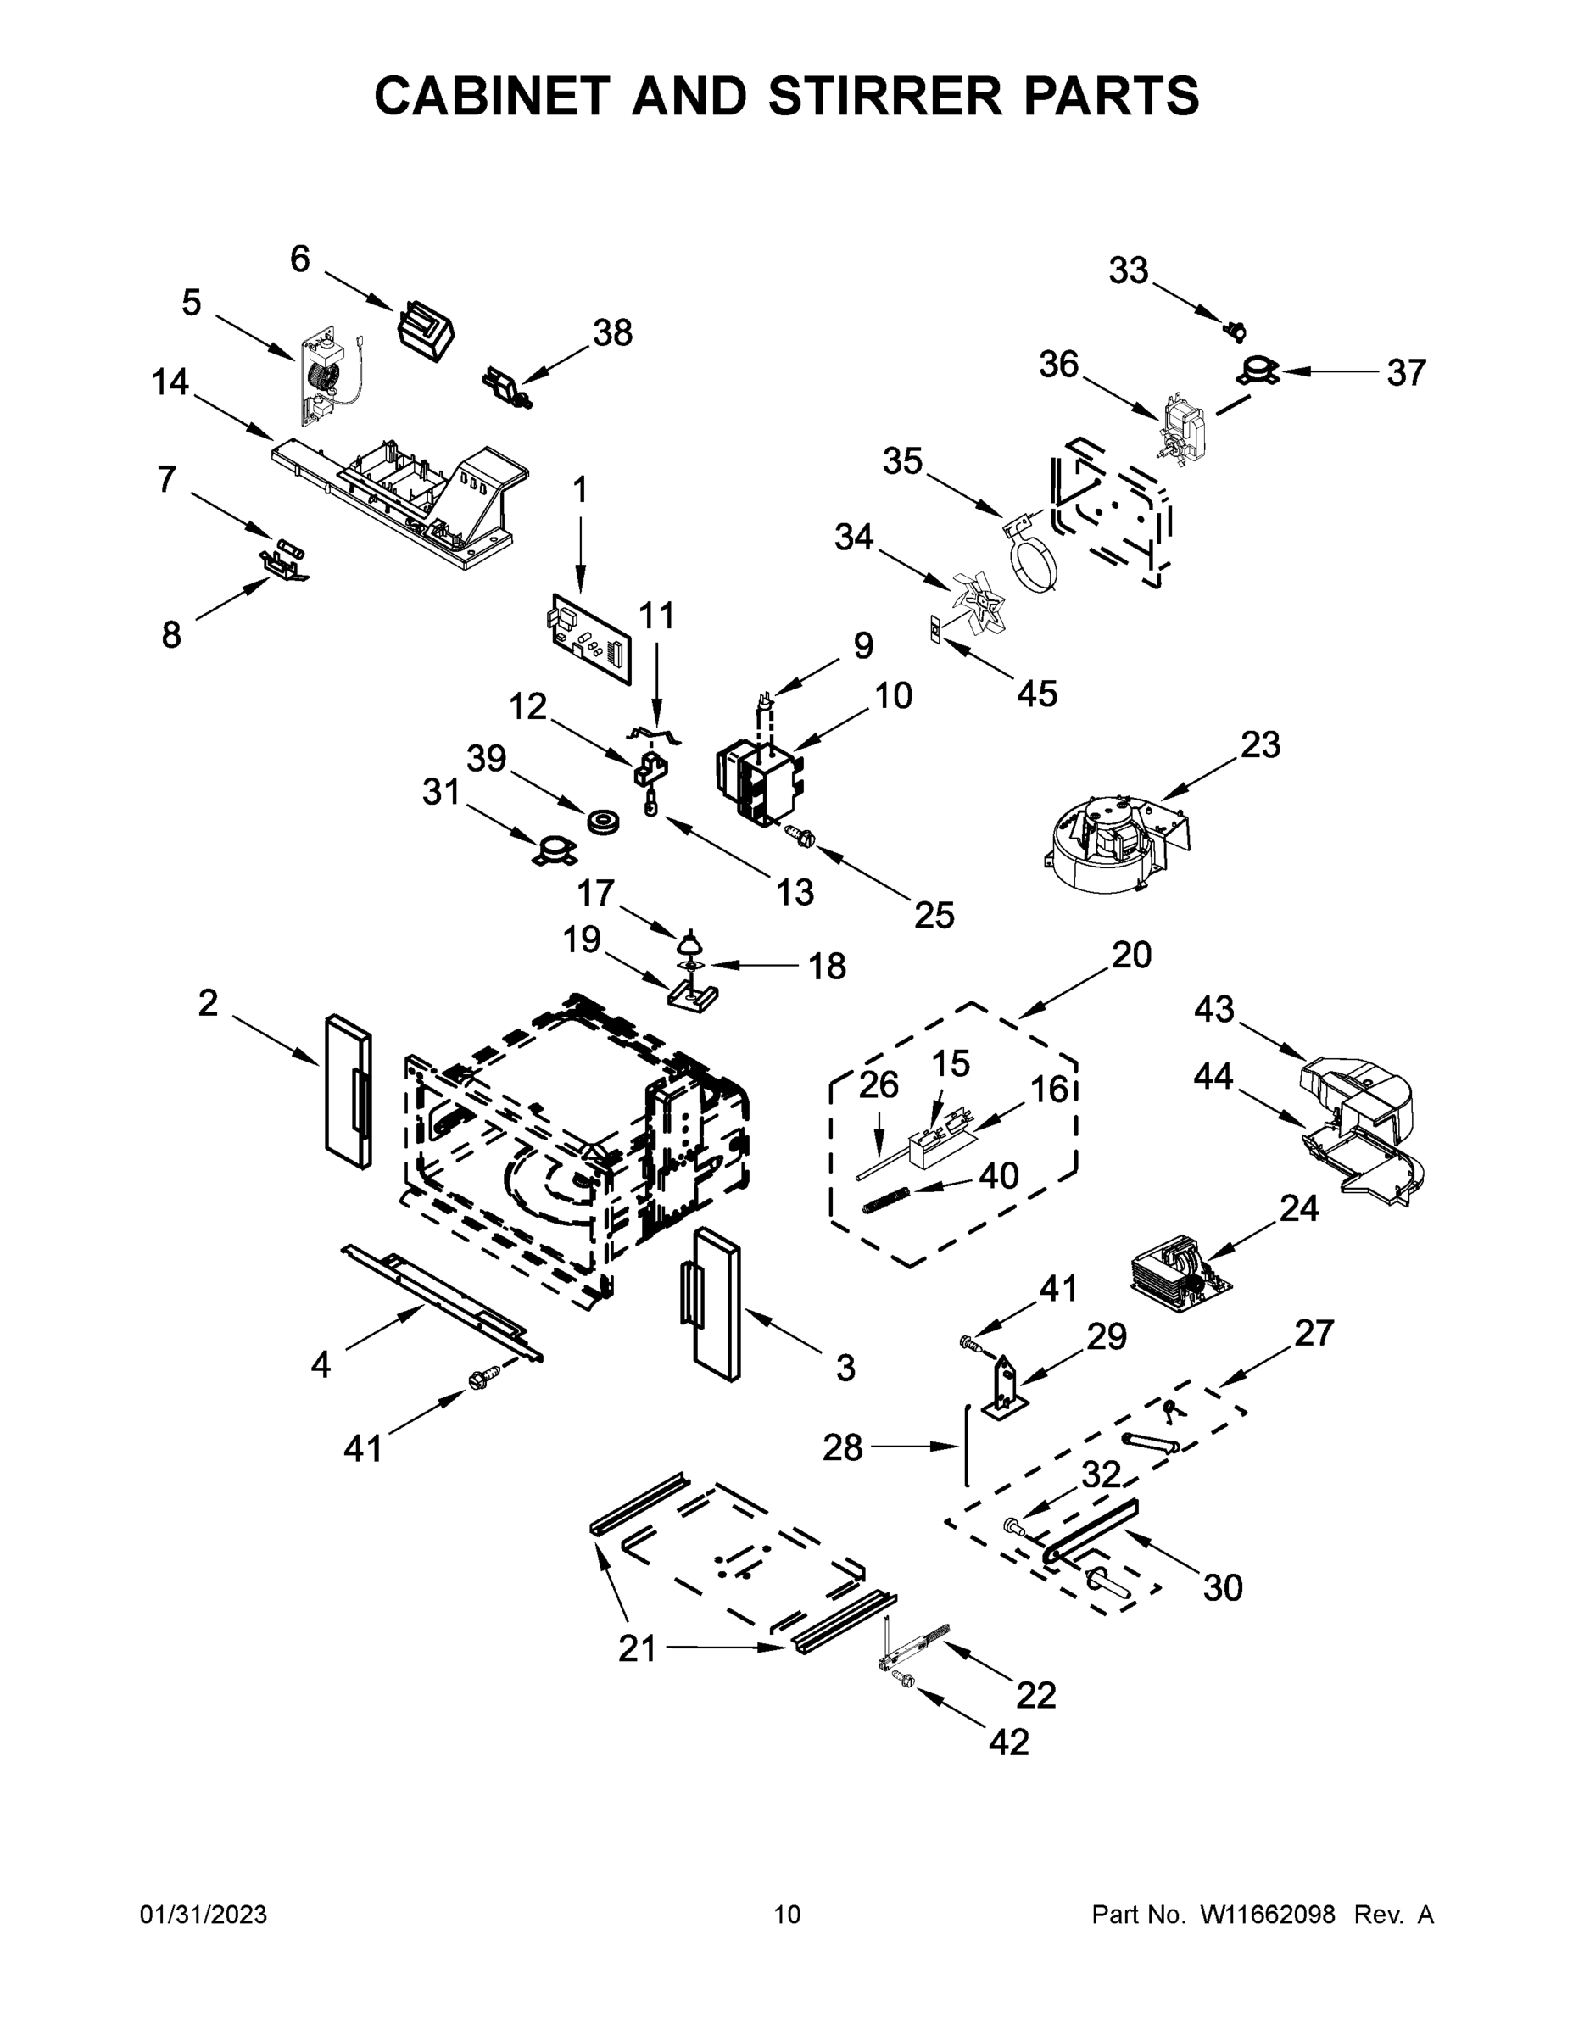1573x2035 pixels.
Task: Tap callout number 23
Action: pyautogui.click(x=1260, y=745)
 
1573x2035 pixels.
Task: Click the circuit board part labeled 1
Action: pyautogui.click(x=589, y=638)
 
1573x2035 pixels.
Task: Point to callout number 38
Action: pyautogui.click(x=612, y=332)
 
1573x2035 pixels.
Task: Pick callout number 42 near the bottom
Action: pyautogui.click(x=1009, y=1742)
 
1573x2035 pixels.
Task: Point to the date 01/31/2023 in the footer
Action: pyautogui.click(x=204, y=1915)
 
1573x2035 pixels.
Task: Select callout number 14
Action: pyautogui.click(x=170, y=382)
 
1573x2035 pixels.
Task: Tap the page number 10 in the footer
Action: pyautogui.click(x=787, y=1915)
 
